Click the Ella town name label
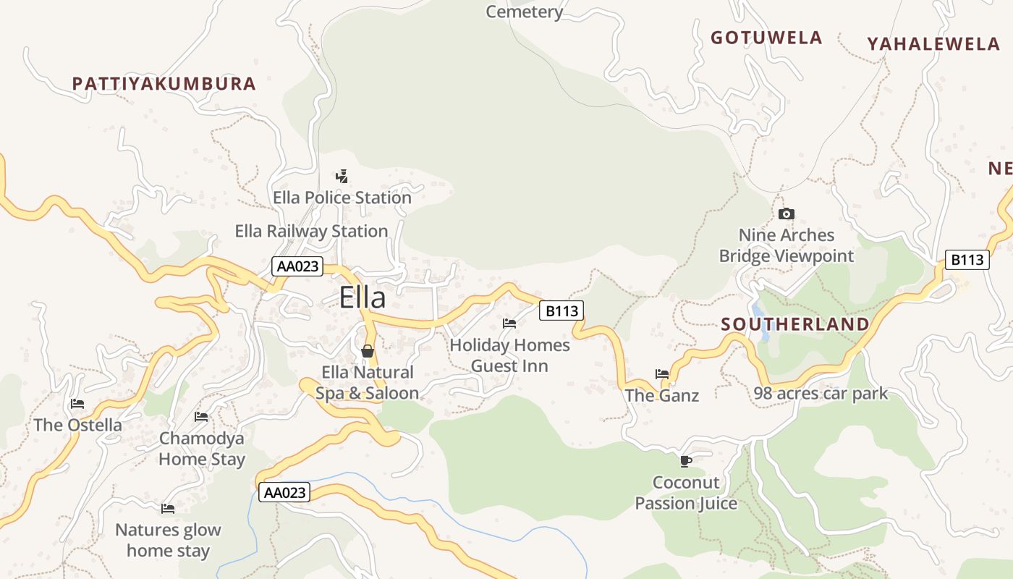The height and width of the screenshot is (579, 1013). coord(363,298)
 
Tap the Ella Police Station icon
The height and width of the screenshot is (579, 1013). coord(342,176)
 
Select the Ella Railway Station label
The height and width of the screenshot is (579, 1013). coord(311,232)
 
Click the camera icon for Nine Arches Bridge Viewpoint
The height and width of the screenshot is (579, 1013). coord(787,214)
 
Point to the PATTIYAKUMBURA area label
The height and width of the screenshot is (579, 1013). coord(164,84)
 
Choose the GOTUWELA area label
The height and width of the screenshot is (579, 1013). coord(766,38)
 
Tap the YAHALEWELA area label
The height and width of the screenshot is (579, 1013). coord(933,44)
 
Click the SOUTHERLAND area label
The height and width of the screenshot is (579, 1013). coord(795,324)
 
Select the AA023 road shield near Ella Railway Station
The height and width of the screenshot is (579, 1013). coord(297,266)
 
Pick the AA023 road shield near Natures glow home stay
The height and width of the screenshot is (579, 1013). coord(284,493)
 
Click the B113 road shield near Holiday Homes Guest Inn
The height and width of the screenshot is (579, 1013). coord(561,311)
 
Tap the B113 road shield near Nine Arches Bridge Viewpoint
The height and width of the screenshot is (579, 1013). coord(967,260)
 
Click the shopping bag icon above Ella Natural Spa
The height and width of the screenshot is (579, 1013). coord(368,351)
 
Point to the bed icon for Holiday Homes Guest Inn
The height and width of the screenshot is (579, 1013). coord(509,323)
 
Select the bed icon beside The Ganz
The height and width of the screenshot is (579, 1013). coord(662,374)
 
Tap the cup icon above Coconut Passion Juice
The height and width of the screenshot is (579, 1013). coord(686,461)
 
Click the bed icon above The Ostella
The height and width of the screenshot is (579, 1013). coord(77,404)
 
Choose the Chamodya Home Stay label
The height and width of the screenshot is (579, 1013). coord(202,449)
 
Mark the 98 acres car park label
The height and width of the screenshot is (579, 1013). coord(821,394)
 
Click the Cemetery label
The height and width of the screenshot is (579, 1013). coord(525,12)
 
